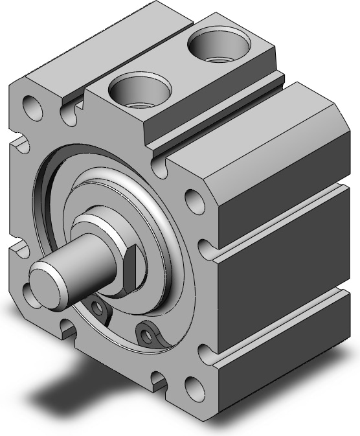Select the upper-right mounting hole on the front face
pos(193,200)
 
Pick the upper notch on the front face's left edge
pos(19,143)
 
